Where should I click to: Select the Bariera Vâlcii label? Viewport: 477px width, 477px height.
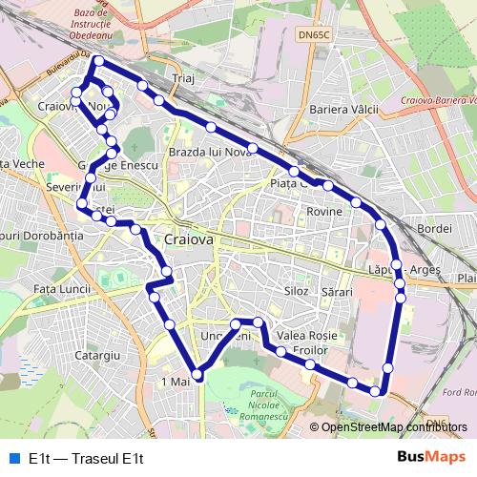344,110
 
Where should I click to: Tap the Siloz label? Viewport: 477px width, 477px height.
297,289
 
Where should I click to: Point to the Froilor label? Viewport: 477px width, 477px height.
311,351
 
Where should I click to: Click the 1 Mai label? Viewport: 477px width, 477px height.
176,382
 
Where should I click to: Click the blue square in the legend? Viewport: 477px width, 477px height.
13,458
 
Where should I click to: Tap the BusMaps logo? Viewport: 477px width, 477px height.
431,457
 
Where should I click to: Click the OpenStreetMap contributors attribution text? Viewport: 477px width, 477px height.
394,428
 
